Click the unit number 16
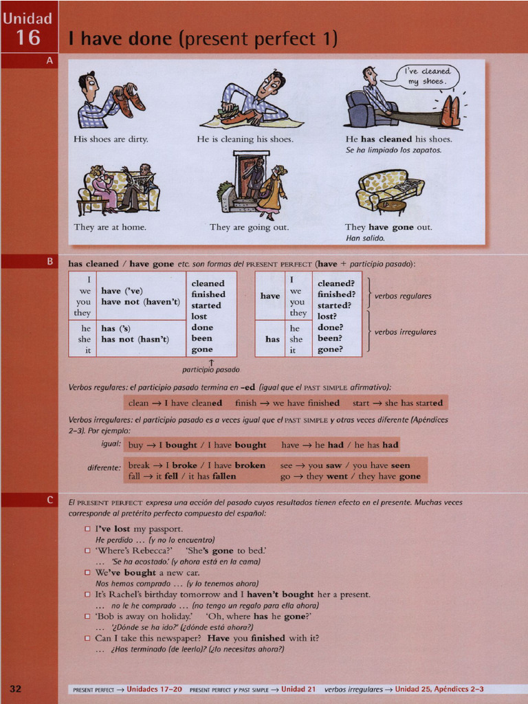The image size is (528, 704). (28, 37)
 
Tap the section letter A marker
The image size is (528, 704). (49, 60)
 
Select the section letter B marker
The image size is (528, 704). (49, 262)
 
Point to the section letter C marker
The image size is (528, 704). (49, 500)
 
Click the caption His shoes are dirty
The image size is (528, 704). (111, 139)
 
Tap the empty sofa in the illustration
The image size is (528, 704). (389, 190)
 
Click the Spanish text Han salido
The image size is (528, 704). (365, 239)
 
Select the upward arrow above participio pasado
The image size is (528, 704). (211, 362)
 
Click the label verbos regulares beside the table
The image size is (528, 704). (403, 296)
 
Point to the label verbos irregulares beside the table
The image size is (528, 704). (405, 332)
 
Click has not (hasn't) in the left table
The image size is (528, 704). (140, 339)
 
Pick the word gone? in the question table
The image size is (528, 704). (331, 349)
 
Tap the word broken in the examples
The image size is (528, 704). (250, 465)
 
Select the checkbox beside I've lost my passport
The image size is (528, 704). (87, 529)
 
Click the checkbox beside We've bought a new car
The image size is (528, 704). (87, 572)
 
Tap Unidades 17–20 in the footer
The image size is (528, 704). (155, 689)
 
